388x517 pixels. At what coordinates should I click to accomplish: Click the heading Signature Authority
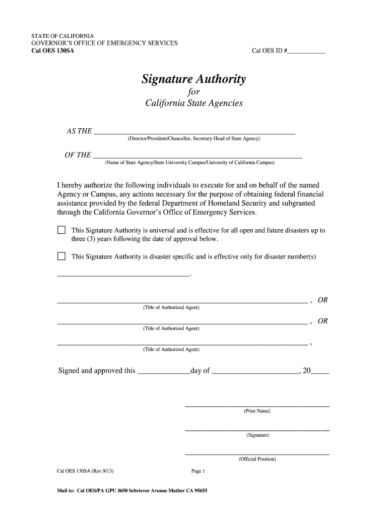pyautogui.click(x=193, y=79)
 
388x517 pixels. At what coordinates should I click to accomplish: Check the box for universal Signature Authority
pyautogui.click(x=61, y=231)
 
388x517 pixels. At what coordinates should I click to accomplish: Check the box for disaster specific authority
pyautogui.click(x=61, y=256)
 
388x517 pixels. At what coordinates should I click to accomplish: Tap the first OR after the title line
pyautogui.click(x=322, y=300)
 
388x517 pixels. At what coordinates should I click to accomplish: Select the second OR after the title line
pyautogui.click(x=322, y=321)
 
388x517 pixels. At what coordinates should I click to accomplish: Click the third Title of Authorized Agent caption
pyautogui.click(x=171, y=349)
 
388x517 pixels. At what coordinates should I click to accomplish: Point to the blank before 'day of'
pyautogui.click(x=163, y=372)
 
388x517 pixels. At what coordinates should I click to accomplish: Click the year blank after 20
pyautogui.click(x=320, y=372)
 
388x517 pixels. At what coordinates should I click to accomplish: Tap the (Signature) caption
pyautogui.click(x=257, y=435)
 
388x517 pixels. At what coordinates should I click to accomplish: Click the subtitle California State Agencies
pyautogui.click(x=193, y=104)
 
